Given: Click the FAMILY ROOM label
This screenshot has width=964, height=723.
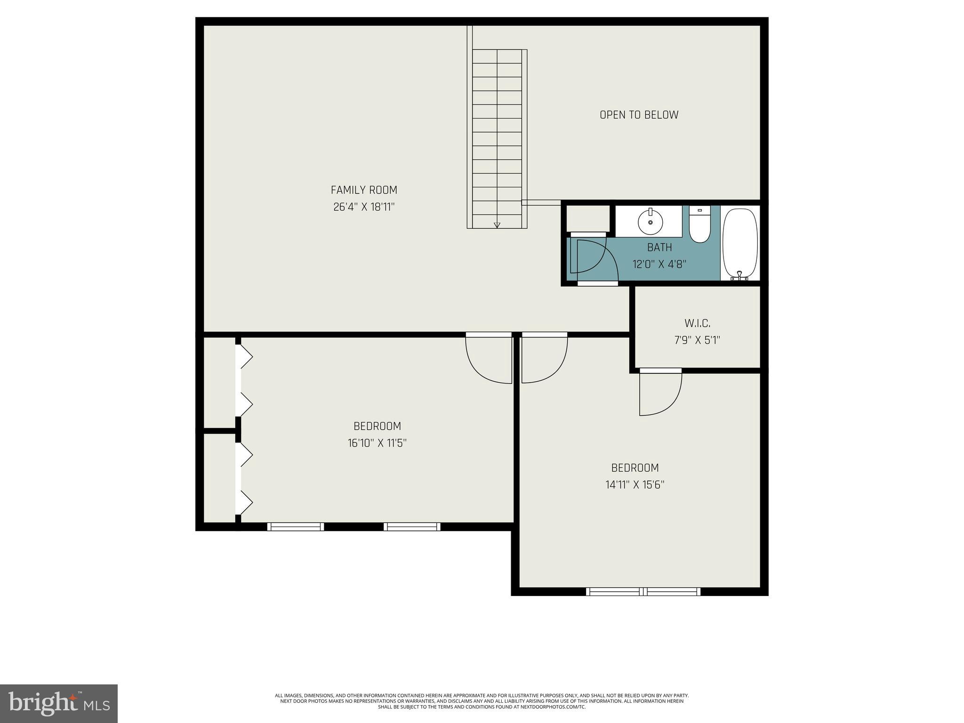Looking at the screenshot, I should click(364, 190).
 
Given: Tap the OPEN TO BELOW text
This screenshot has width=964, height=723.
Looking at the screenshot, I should click(639, 115).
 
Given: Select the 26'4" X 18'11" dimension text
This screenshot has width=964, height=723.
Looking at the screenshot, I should click(364, 207).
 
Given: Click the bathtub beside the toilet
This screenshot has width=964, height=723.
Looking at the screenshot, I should click(740, 244).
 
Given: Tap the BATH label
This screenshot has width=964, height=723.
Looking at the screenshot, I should click(659, 247).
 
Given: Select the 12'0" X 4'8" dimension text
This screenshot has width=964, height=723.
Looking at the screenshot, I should click(659, 264).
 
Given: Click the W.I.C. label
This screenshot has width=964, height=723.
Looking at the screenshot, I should click(697, 323).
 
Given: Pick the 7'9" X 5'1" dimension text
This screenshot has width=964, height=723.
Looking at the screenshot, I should click(697, 340).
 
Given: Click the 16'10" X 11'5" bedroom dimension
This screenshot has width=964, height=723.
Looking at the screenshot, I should click(377, 443).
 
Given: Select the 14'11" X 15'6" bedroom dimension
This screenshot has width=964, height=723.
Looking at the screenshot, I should click(635, 485).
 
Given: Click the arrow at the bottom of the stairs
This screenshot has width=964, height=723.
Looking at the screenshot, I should click(497, 225).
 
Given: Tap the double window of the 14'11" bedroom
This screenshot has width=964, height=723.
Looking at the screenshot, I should click(643, 592).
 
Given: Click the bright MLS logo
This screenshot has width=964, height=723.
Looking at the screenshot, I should click(59, 704).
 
